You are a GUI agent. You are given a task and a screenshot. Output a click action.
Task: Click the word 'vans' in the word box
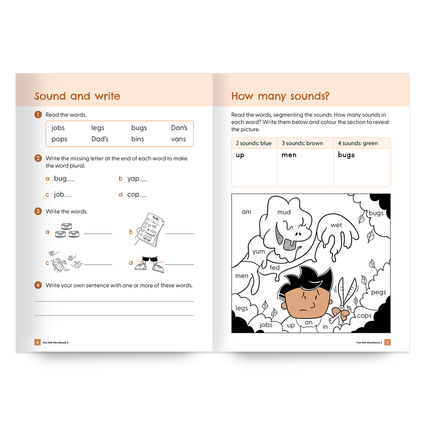178,139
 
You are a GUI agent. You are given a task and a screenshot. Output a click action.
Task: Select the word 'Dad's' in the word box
100,139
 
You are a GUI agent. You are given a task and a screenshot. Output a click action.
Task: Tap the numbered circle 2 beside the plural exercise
38,158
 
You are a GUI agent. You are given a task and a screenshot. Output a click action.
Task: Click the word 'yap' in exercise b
133,178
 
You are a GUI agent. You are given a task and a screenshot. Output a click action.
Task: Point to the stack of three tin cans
67,230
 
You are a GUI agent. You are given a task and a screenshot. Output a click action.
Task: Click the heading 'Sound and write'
77,96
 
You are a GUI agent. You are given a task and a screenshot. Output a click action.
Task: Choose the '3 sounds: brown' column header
302,143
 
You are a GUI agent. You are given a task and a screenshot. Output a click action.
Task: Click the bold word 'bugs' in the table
346,155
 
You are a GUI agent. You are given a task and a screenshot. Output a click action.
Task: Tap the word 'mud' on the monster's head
284,212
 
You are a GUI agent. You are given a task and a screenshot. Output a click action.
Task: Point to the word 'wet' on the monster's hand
336,225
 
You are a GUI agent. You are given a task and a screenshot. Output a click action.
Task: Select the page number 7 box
388,342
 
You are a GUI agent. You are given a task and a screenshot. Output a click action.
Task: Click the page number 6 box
37,342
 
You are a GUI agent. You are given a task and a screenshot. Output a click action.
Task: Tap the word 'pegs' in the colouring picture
379,292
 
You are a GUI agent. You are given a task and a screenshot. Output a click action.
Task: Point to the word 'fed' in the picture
275,268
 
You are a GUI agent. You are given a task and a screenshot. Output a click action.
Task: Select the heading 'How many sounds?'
280,96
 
